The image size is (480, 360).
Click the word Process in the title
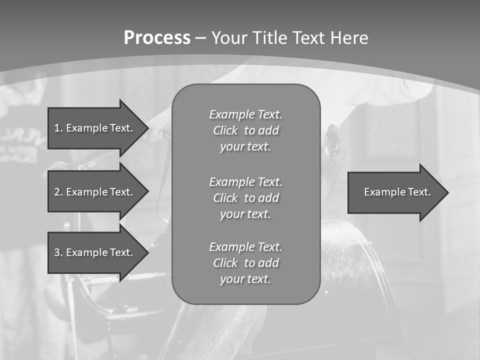[x=157, y=38]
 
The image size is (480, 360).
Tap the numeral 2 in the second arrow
[x=57, y=192]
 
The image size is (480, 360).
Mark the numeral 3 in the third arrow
[x=57, y=252]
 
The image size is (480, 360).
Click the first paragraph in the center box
[x=245, y=130]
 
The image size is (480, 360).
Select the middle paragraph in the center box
[x=245, y=197]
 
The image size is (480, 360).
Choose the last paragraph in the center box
[x=245, y=263]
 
